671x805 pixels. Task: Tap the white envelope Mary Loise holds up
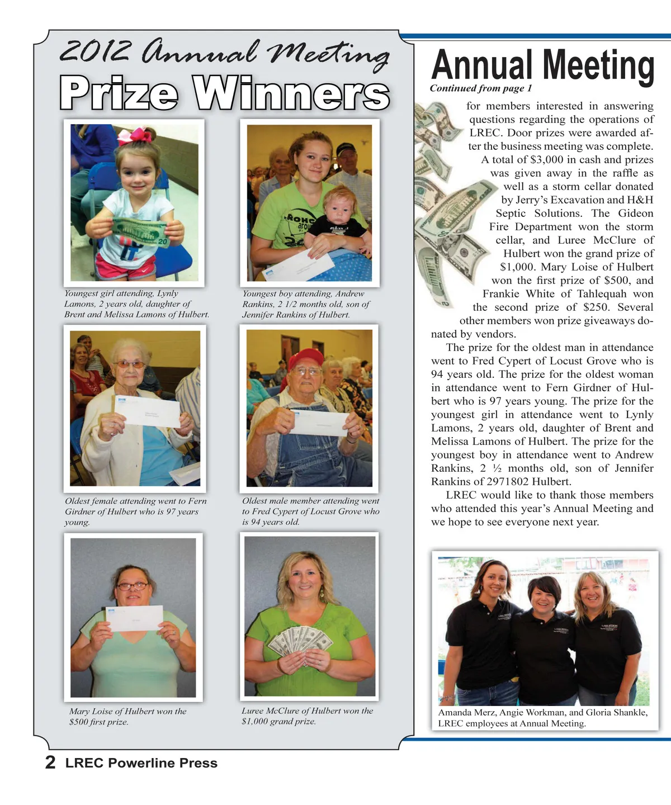pyautogui.click(x=134, y=618)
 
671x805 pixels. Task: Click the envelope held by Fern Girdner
pyautogui.click(x=147, y=411)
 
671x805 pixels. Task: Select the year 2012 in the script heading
pyautogui.click(x=95, y=53)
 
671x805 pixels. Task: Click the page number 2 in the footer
pyautogui.click(x=50, y=763)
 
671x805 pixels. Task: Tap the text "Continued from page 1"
pyautogui.click(x=480, y=88)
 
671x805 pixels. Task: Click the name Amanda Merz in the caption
pyautogui.click(x=466, y=713)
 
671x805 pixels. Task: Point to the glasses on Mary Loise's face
pyautogui.click(x=133, y=586)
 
